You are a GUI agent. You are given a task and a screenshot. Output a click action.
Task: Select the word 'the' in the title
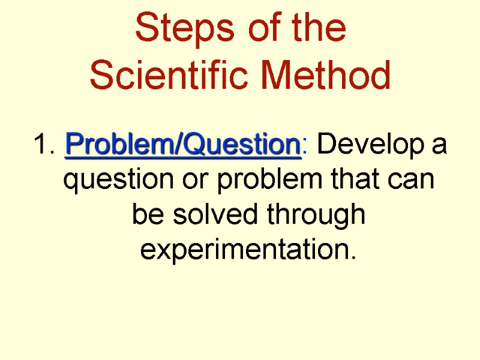[x=316, y=29]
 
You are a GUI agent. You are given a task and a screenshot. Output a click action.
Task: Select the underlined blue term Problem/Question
[x=182, y=145]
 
